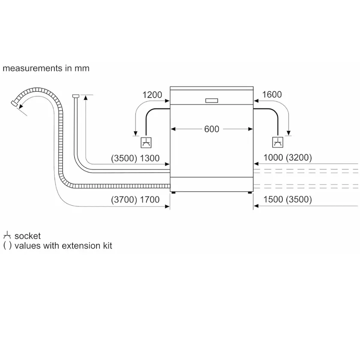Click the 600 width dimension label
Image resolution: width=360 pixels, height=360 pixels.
pos(211,129)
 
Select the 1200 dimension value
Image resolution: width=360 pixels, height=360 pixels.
pos(152,95)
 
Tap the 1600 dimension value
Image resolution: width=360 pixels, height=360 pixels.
pos(272,94)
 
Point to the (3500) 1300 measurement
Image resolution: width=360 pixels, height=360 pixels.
pos(135,158)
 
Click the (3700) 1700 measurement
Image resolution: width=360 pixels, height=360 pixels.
pos(135,200)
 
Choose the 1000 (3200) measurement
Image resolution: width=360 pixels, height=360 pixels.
pos(288,158)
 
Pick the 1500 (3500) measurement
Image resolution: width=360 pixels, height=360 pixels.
pos(288,199)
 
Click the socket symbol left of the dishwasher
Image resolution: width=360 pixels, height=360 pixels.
pos(146,143)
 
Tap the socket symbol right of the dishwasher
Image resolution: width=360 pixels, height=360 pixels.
pos(278,142)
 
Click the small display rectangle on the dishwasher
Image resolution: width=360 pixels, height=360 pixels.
pos(211,101)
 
